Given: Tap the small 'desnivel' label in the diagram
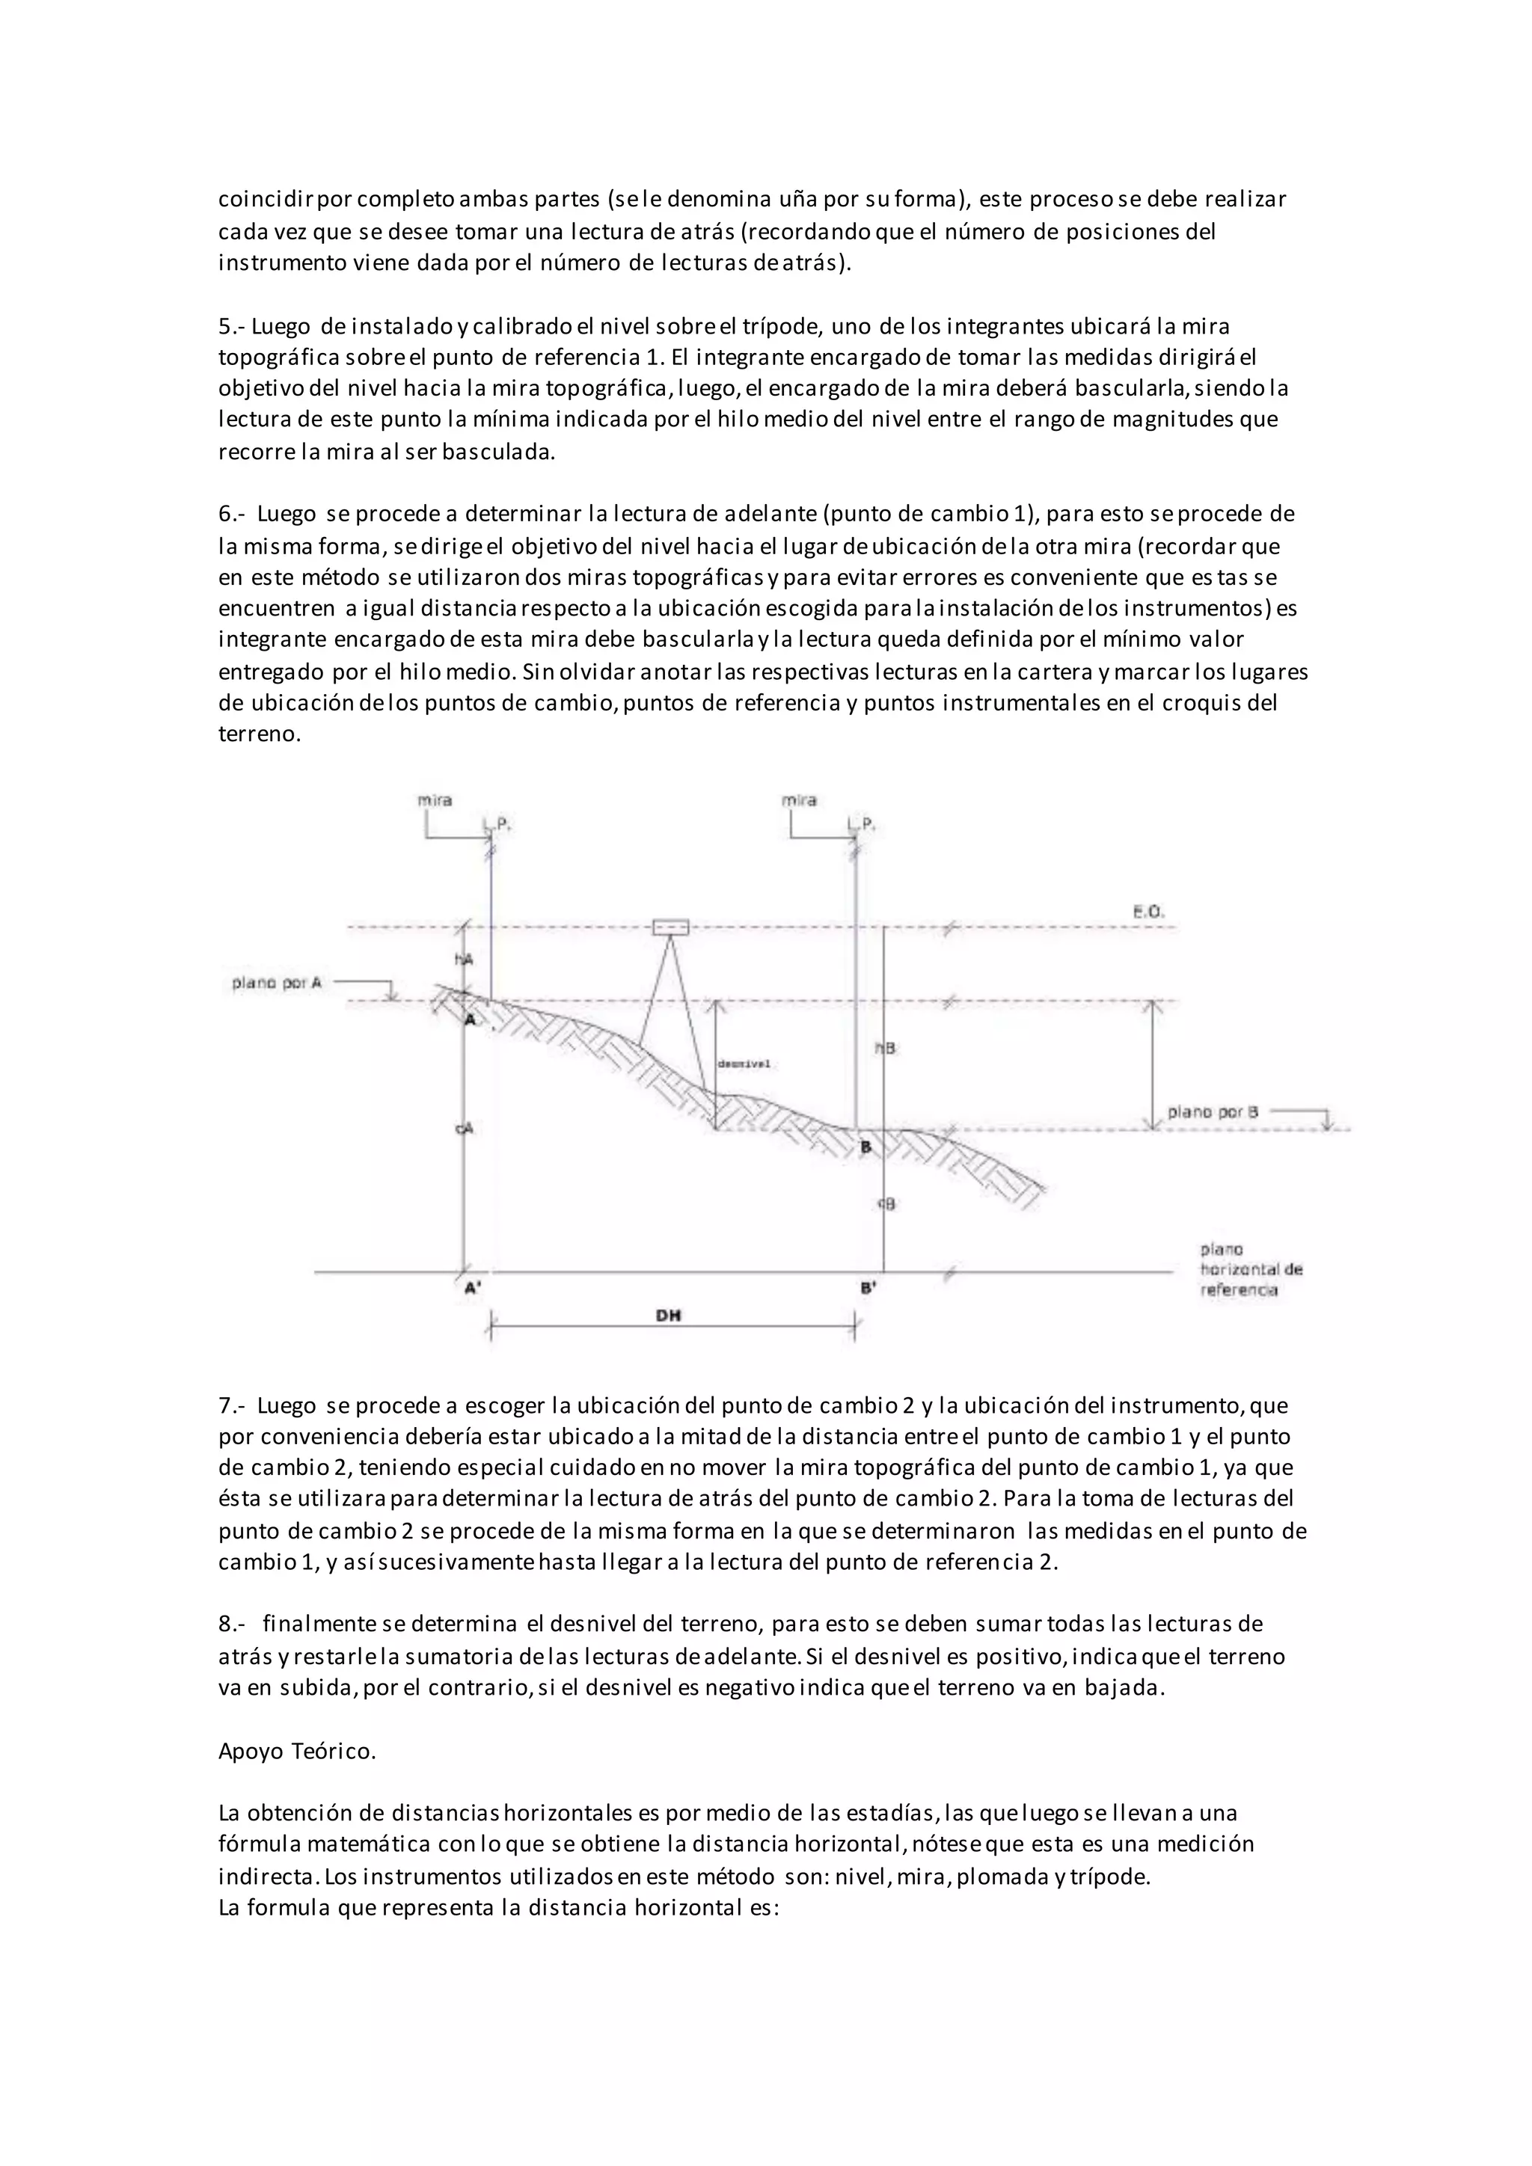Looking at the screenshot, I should click(744, 1064).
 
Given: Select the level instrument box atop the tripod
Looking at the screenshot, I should click(671, 927).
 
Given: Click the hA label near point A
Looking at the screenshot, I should click(463, 960).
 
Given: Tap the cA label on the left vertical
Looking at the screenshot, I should click(463, 1129).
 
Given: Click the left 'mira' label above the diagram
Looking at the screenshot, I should click(435, 800).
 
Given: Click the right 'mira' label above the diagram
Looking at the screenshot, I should click(799, 800).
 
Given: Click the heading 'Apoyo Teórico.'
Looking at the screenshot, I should click(297, 1751).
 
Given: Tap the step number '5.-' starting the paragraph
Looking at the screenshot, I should click(231, 326).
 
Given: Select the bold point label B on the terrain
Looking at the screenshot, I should click(865, 1148).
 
